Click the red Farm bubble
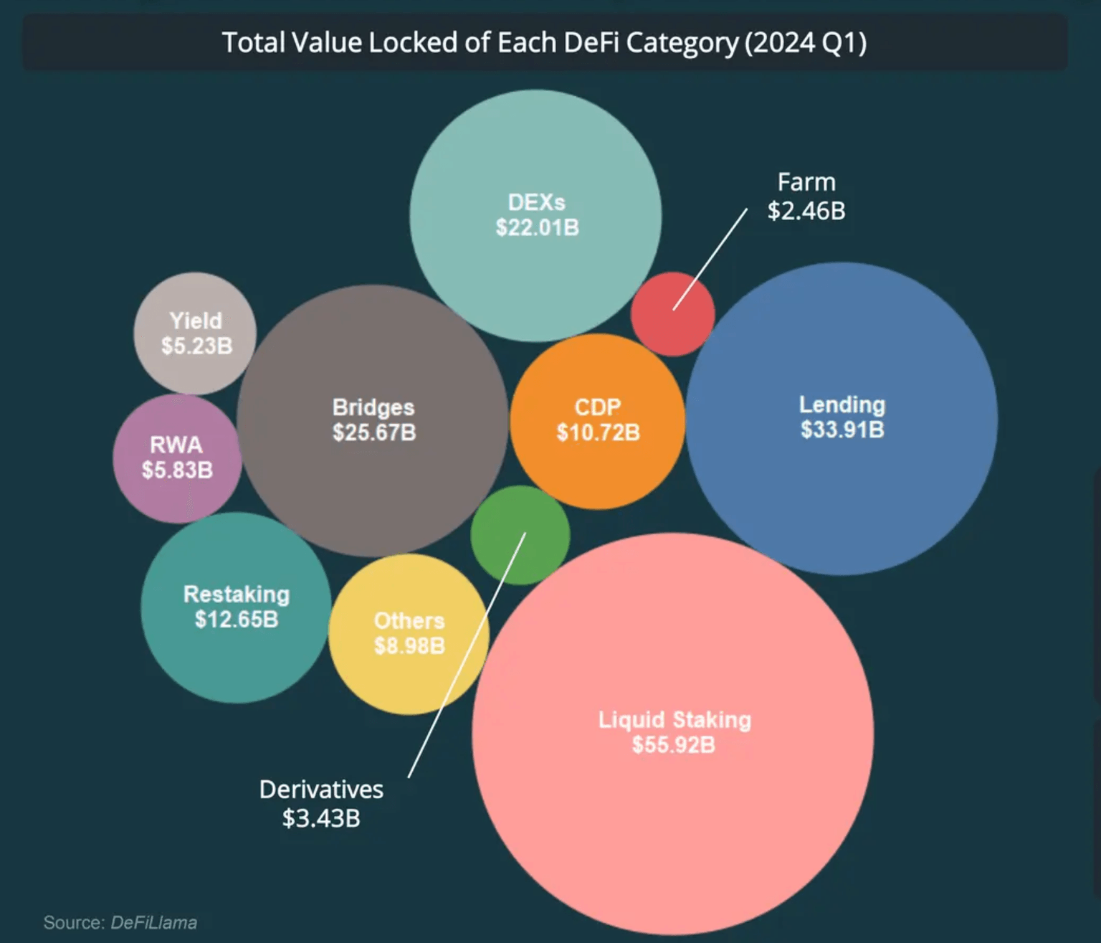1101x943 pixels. tap(672, 314)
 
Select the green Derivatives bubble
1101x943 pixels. tap(520, 535)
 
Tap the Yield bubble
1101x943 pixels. tap(195, 333)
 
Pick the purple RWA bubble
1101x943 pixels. tap(176, 458)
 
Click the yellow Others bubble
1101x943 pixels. tap(409, 634)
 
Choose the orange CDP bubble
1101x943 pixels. tap(597, 421)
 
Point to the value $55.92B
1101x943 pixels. tap(674, 745)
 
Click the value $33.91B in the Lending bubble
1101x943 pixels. tap(842, 430)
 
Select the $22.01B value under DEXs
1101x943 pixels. tap(537, 228)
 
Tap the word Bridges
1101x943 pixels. tap(373, 407)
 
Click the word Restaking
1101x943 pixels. tap(237, 594)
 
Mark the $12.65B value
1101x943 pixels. tap(237, 620)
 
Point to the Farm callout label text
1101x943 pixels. tap(806, 182)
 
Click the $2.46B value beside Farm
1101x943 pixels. tap(806, 211)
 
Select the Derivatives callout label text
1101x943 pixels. tap(321, 790)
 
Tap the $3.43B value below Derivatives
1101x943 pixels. tap(321, 818)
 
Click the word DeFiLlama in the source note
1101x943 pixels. tap(153, 923)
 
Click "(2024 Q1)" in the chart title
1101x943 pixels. tap(806, 43)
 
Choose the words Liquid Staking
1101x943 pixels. tap(675, 720)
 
